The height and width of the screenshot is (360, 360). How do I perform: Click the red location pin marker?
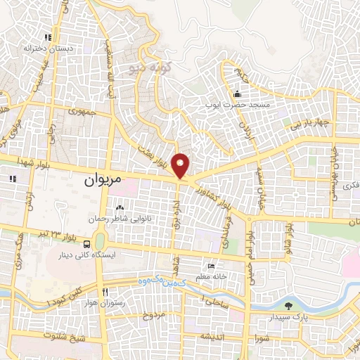click(181, 165)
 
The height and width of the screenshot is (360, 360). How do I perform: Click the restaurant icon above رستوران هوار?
click(104, 292)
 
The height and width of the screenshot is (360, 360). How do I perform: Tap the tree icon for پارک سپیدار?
click(288, 305)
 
